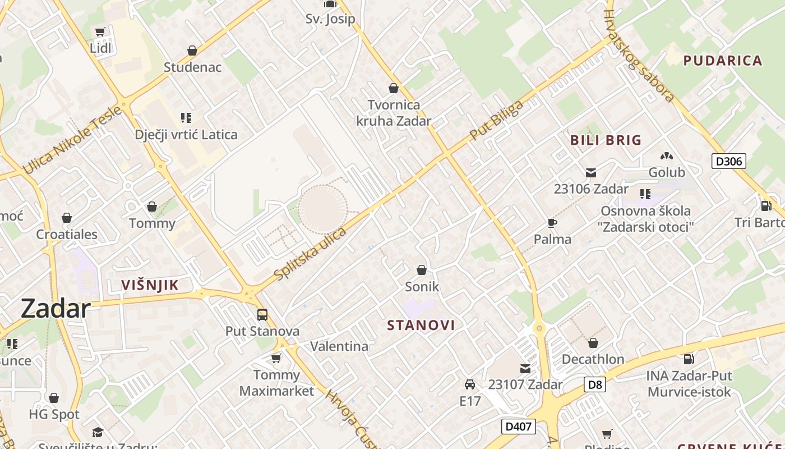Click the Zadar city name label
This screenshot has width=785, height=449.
[56, 309]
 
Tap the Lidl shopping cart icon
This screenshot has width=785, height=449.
[100, 32]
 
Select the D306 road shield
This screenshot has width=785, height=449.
[729, 162]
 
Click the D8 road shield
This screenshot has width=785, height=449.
[595, 384]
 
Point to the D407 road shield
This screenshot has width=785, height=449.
[518, 427]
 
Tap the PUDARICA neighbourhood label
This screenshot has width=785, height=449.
[723, 61]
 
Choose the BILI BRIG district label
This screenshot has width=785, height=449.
[606, 140]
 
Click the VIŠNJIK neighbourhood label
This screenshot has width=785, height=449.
[150, 285]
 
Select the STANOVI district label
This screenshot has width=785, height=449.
[421, 325]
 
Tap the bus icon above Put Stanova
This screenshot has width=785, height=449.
[262, 314]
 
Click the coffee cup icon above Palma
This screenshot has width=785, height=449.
[552, 223]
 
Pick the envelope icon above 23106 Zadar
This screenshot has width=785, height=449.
[591, 173]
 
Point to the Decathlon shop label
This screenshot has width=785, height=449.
[593, 359]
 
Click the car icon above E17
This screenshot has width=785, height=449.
[470, 384]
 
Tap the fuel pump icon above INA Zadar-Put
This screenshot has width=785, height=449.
[689, 359]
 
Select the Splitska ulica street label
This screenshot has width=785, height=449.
[311, 253]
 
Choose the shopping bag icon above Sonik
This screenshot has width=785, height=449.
[422, 270]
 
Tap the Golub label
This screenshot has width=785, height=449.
[667, 172]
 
